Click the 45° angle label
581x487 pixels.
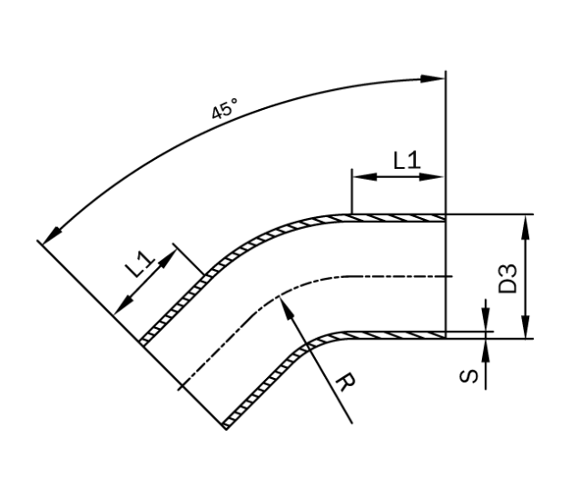tap(224, 110)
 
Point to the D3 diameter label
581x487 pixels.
tap(508, 278)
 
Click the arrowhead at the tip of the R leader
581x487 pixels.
tap(287, 306)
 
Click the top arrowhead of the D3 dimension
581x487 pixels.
tap(527, 224)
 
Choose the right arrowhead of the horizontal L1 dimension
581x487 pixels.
tap(438, 176)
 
